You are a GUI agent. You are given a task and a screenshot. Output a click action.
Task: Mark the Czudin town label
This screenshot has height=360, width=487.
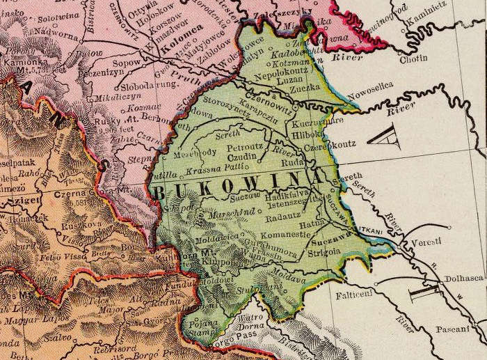(247, 158)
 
